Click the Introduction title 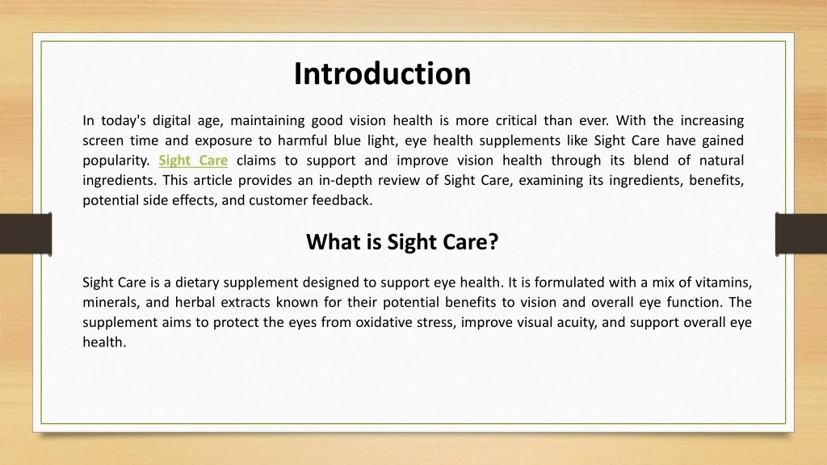382,73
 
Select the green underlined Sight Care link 193,161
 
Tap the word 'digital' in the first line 171,121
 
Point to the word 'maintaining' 267,121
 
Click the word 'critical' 516,120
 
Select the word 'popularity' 116,161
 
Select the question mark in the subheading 493,241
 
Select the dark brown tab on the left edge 26,234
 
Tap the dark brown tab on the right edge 801,234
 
